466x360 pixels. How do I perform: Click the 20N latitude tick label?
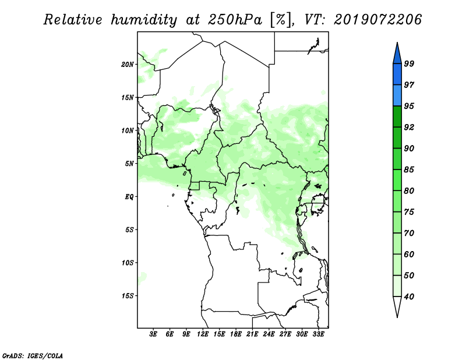pyautogui.click(x=128, y=65)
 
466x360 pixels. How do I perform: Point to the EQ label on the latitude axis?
pyautogui.click(x=129, y=197)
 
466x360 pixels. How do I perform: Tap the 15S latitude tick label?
pyautogui.click(x=128, y=296)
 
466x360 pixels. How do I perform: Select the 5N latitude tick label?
pyautogui.click(x=129, y=164)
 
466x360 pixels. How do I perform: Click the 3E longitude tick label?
pyautogui.click(x=153, y=334)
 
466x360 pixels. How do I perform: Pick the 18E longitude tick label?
pyautogui.click(x=236, y=334)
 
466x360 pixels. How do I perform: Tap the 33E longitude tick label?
pyautogui.click(x=318, y=334)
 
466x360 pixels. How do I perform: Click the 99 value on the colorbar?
pyautogui.click(x=409, y=63)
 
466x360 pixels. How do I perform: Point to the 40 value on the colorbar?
pyautogui.click(x=409, y=297)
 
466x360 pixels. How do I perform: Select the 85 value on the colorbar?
pyautogui.click(x=409, y=170)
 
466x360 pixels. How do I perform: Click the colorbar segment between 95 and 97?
pyautogui.click(x=397, y=96)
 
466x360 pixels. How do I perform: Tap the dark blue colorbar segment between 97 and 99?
pyautogui.click(x=397, y=75)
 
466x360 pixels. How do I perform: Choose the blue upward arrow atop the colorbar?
pyautogui.click(x=397, y=54)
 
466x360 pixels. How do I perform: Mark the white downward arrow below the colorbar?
pyautogui.click(x=397, y=306)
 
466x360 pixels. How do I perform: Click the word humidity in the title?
pyautogui.click(x=144, y=20)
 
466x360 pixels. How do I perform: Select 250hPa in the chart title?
pyautogui.click(x=235, y=20)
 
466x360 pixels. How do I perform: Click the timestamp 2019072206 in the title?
pyautogui.click(x=377, y=20)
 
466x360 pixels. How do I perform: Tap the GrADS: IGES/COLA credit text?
pyautogui.click(x=33, y=355)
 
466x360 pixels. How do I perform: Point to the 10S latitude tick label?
pyautogui.click(x=128, y=263)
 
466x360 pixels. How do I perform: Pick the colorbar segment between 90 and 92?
pyautogui.click(x=397, y=137)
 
